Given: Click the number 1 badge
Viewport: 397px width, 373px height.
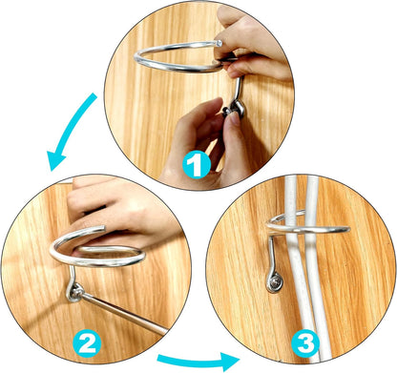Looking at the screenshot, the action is [x=197, y=165].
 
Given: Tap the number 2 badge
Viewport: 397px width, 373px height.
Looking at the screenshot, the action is [x=87, y=344].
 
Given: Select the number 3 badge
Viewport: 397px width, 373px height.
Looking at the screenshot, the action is [x=305, y=343].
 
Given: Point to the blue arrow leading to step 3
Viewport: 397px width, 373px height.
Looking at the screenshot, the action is [x=198, y=361].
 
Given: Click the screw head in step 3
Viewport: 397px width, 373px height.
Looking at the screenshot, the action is [x=275, y=281].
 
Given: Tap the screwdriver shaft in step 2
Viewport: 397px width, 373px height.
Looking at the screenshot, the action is [x=124, y=313].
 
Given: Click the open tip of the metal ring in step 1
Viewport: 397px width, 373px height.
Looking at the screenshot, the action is [x=219, y=43].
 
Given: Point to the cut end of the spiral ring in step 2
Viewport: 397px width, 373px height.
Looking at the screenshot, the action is [x=102, y=228].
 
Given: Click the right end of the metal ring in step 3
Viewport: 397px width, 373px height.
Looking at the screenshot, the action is [x=346, y=229].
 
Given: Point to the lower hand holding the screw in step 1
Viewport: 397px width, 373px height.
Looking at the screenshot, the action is [x=203, y=140].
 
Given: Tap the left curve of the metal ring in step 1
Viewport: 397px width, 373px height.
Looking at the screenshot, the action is [x=137, y=59].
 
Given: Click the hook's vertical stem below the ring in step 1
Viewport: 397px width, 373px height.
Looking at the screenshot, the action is [x=237, y=89].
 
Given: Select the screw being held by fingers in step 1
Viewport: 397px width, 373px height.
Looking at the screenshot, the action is [x=228, y=112].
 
